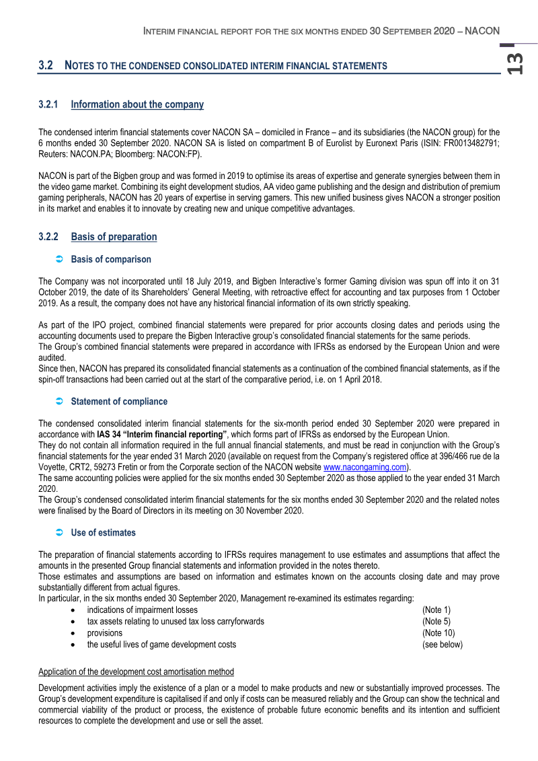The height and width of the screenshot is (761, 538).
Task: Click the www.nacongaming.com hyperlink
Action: [365, 467]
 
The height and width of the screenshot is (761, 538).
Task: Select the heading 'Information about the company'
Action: [137, 104]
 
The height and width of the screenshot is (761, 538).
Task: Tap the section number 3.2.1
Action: [49, 104]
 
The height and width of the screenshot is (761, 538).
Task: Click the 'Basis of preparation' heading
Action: [114, 237]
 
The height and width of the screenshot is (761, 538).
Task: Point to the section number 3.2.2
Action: [49, 237]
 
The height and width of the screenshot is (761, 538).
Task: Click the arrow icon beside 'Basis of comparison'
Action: [59, 260]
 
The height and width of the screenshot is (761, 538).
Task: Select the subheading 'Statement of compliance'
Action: [119, 402]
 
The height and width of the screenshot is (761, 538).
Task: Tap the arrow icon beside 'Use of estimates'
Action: [59, 533]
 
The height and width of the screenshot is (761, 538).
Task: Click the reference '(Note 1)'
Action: [436, 610]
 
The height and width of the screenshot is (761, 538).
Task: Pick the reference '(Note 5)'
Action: [436, 621]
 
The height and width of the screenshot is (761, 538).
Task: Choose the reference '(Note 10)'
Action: [438, 632]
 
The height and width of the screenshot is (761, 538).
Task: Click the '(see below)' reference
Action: [443, 644]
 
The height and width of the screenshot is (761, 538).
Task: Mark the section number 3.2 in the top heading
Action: [46, 65]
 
